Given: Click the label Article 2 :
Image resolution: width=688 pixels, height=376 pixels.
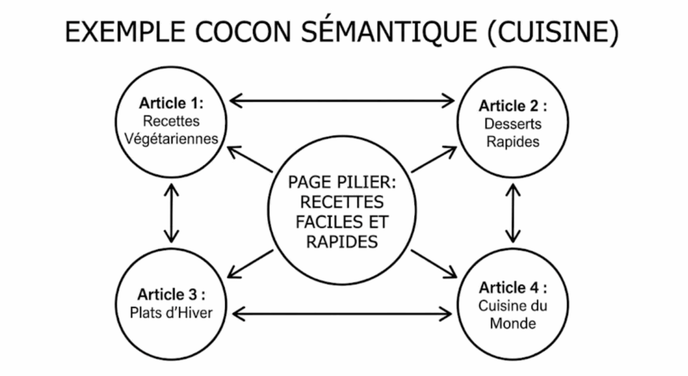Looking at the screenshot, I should pos(512,106).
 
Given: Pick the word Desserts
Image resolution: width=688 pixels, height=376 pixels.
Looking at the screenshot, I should pos(513,124).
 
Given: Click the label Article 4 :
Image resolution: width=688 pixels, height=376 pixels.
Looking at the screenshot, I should pos(513,288).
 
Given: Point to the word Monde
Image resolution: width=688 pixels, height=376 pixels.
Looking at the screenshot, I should pos(513,324).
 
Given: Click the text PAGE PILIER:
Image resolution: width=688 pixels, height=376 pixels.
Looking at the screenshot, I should pos(342,183).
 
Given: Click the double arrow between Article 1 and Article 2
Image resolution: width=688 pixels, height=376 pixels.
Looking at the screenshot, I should pos(342,101).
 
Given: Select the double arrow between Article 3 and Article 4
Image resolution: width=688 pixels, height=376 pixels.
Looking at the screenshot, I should pos(342,312).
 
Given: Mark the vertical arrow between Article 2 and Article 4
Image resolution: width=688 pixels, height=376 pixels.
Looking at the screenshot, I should pos(514,214).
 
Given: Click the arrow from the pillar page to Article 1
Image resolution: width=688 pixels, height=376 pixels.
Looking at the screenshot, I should pos(249,159).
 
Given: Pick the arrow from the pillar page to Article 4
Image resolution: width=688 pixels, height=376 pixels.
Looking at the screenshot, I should pos(434,263).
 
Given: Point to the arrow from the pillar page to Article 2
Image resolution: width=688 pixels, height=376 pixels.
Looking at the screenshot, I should pos(434,159).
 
